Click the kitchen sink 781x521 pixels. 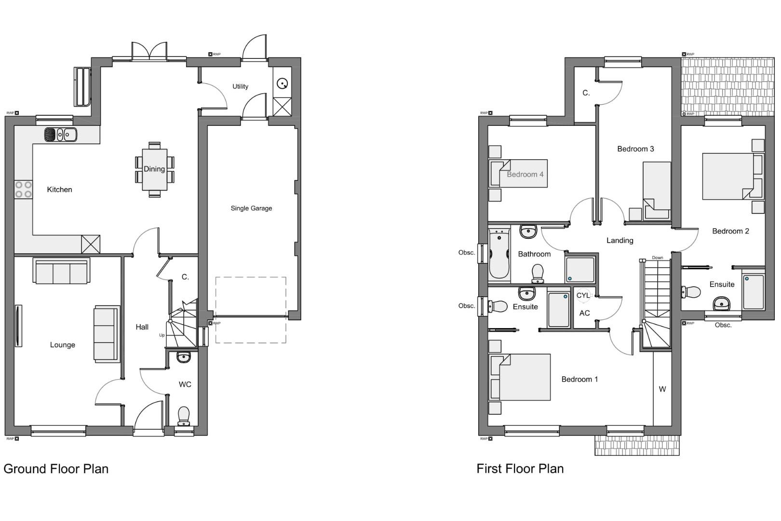60,135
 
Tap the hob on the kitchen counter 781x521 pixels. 23,189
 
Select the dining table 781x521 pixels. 154,169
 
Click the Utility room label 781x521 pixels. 240,87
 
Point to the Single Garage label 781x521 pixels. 251,208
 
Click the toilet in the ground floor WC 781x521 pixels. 184,415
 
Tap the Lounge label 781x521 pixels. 62,345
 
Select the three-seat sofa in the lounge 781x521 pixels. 61,271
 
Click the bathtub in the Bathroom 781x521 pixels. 499,254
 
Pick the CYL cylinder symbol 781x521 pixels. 583,295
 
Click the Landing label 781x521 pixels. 619,241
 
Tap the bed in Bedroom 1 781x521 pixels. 523,377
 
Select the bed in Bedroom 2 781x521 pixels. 729,176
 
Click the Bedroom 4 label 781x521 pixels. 525,175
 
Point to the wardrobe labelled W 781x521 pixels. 662,389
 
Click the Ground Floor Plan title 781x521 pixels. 56,469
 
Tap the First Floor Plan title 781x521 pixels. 520,469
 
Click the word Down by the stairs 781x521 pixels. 657,258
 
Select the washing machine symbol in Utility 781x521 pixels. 282,83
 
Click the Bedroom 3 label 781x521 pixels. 635,149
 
